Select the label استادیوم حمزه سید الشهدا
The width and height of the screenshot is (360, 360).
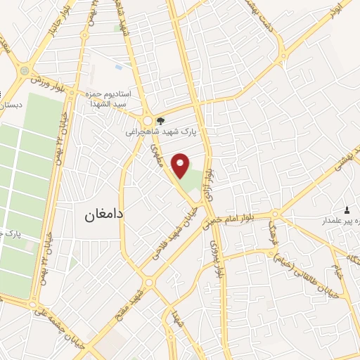(x=114, y=98)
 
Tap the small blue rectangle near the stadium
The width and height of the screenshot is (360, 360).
(x=117, y=67)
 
